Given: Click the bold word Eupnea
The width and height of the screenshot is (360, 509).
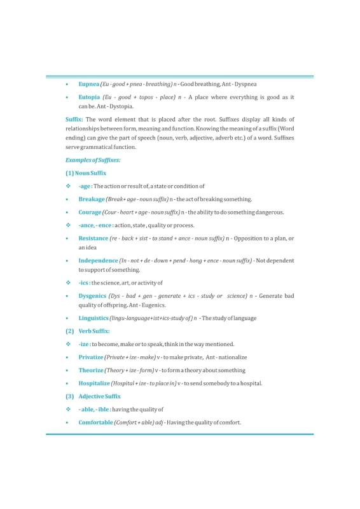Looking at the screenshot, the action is [x=89, y=84].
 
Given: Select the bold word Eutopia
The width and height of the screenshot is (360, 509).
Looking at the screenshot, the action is [x=89, y=97].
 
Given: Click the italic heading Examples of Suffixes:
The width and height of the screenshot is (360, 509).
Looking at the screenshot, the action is [x=93, y=160].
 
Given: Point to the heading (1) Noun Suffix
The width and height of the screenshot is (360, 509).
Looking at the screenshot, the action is [x=86, y=173].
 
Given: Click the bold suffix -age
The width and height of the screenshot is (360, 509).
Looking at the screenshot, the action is [x=85, y=186].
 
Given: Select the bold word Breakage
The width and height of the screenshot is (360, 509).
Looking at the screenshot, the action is [x=92, y=199].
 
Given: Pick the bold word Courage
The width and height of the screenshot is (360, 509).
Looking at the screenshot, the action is [x=90, y=213].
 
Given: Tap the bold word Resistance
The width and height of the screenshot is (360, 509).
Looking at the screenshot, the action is [x=93, y=239].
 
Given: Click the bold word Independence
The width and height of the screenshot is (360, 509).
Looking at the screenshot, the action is [x=98, y=261].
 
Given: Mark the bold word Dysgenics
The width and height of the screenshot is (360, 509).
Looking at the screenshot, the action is [x=92, y=296].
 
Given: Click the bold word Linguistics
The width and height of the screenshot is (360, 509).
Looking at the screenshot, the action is [x=93, y=317].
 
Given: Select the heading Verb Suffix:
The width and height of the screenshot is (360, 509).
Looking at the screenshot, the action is [x=94, y=331].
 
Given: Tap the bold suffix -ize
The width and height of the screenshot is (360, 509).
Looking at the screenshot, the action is [x=84, y=344].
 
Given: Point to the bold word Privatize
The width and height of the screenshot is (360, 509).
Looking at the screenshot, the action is [x=91, y=358].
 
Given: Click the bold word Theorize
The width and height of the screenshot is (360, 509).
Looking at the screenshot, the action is [x=91, y=370].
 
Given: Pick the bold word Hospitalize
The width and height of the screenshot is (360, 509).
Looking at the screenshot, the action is [x=94, y=384].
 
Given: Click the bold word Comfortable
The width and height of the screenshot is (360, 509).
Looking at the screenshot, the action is [x=96, y=423].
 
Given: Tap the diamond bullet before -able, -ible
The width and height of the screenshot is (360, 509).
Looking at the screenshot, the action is [x=67, y=410].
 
